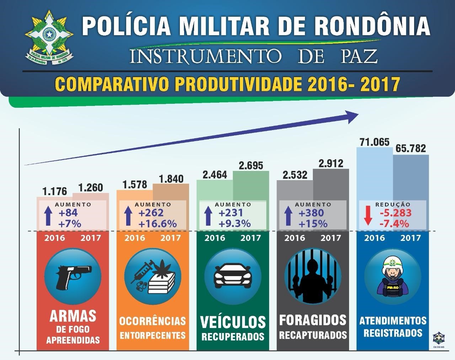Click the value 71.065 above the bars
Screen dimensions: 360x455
click(x=375, y=141)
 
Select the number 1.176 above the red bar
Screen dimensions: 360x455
click(x=55, y=191)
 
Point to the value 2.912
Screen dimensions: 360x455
click(x=331, y=163)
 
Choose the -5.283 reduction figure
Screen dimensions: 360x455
click(x=395, y=213)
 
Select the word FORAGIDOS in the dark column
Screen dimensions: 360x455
click(x=312, y=320)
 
